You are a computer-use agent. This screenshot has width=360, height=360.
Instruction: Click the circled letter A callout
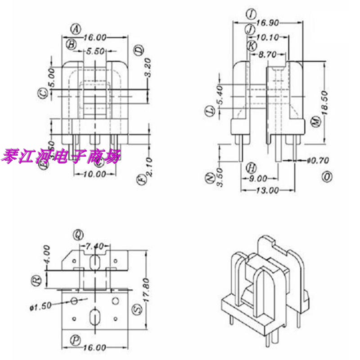(x=76, y=29)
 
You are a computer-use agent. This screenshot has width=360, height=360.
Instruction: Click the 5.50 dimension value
(x=94, y=51)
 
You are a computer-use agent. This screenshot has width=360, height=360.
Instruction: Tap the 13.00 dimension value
(x=267, y=190)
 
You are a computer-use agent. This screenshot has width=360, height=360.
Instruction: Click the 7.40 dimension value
(x=94, y=246)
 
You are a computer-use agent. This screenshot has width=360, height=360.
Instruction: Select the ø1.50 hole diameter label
(x=40, y=307)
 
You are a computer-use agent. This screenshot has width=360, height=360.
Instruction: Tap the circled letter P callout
(x=75, y=338)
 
